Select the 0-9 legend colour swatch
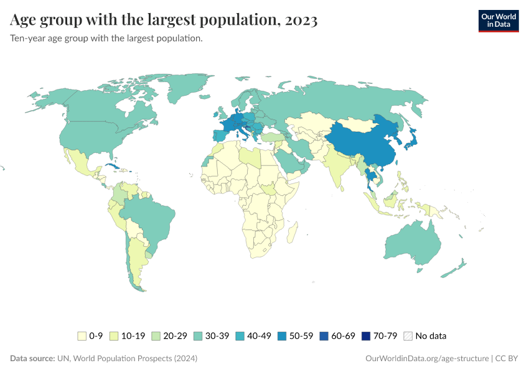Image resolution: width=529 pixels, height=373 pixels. (82, 336)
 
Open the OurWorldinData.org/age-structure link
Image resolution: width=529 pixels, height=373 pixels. (426, 359)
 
